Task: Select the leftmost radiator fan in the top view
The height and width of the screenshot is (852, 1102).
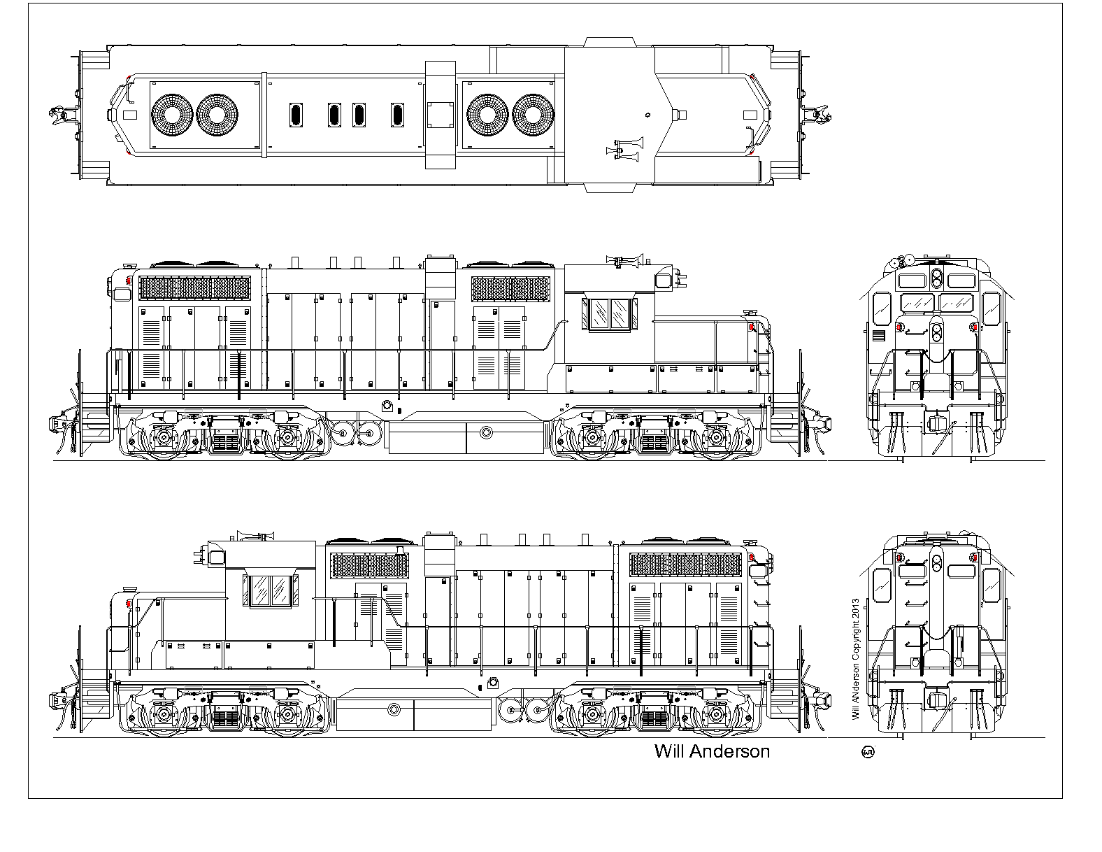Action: coord(172,115)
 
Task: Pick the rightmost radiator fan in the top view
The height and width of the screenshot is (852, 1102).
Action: coord(533,115)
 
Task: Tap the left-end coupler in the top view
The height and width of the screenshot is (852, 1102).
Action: coord(60,115)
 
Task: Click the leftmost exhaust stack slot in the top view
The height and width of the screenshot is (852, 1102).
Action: coord(296,115)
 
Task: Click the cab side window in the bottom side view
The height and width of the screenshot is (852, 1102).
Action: coord(271,591)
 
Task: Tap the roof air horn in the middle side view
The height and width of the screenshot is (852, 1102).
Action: coord(626,260)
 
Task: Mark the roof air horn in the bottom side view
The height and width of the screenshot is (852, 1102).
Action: coord(255,536)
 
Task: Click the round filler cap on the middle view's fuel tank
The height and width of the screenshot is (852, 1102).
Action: coord(487,432)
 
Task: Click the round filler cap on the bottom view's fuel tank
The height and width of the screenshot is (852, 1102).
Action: coord(394,709)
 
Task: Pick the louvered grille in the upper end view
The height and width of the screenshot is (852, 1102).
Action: coord(879,336)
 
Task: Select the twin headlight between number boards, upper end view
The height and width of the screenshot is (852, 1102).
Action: coord(936,279)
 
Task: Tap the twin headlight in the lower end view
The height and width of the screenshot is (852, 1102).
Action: coord(937,562)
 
